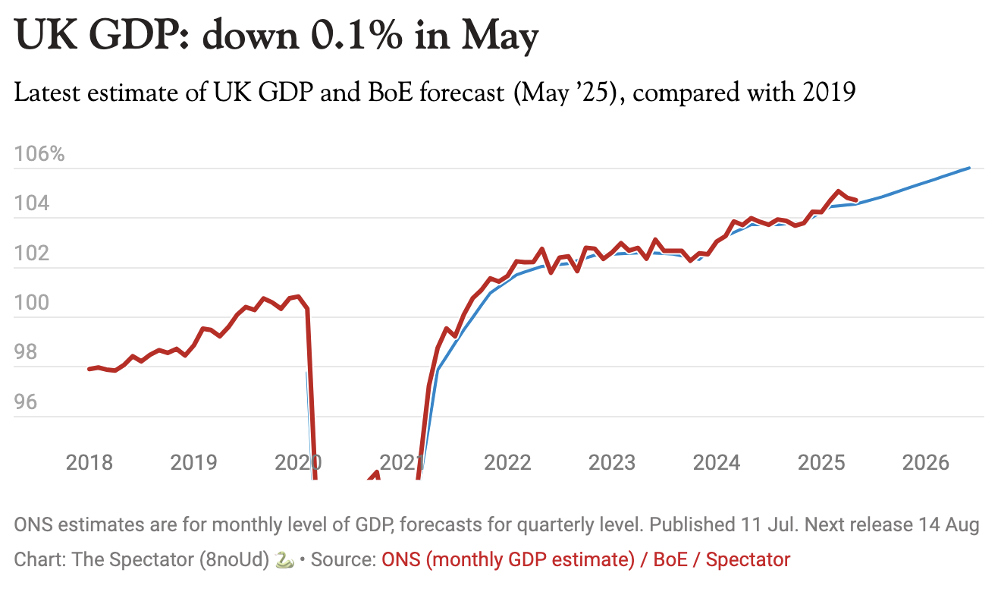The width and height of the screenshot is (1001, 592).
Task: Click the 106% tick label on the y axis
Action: [39, 155]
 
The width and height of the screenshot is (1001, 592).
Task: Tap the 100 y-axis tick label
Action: [32, 303]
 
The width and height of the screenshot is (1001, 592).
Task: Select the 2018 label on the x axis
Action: [89, 462]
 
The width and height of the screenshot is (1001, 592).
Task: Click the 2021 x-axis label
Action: [403, 462]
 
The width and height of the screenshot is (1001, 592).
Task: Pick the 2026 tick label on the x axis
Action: [926, 462]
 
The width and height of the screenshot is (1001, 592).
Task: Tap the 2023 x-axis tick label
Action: [612, 462]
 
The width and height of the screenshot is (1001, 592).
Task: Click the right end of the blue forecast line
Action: [969, 168]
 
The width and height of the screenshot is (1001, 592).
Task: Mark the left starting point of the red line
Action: [89, 369]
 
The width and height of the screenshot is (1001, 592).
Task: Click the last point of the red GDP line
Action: [855, 200]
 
